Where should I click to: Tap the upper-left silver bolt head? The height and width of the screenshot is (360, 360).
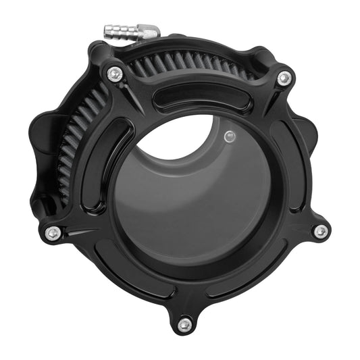[x=115, y=74]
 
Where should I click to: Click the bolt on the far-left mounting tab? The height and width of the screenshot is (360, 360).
[x=53, y=233]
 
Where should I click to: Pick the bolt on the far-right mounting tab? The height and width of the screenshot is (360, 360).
[x=320, y=231]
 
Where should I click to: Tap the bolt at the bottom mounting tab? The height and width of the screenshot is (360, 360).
[x=184, y=325]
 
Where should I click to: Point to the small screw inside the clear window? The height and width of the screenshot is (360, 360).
[x=229, y=136]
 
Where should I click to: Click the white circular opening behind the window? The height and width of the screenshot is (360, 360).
[x=181, y=138]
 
